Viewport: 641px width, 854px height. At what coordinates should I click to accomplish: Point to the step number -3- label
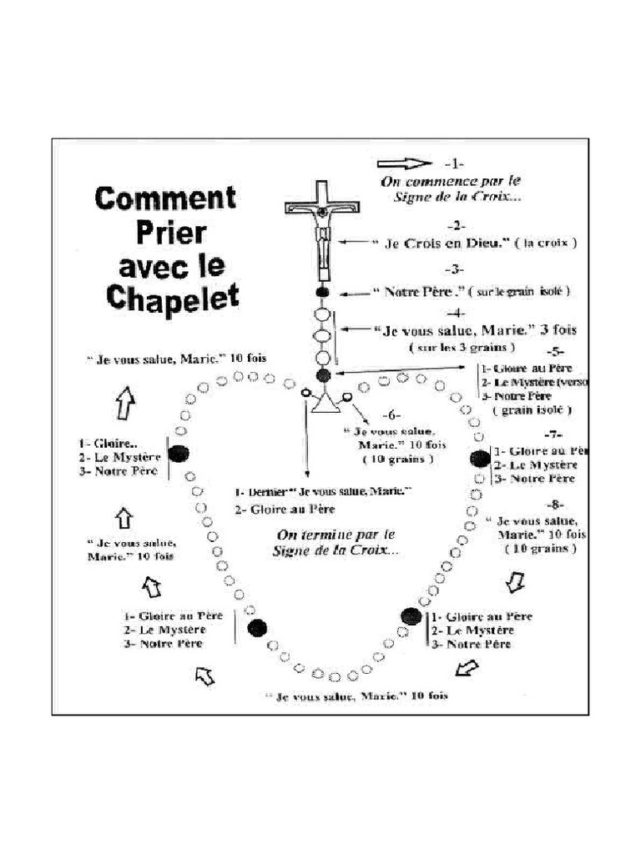click(456, 270)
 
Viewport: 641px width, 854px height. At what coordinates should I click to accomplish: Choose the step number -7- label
click(553, 435)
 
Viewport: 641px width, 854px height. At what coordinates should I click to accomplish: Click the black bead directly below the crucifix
click(324, 293)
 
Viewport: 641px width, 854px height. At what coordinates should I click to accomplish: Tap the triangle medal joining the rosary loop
click(323, 406)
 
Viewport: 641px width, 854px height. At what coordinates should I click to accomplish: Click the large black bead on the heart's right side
click(480, 458)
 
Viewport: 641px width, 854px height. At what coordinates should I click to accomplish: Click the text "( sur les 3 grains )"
click(462, 347)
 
